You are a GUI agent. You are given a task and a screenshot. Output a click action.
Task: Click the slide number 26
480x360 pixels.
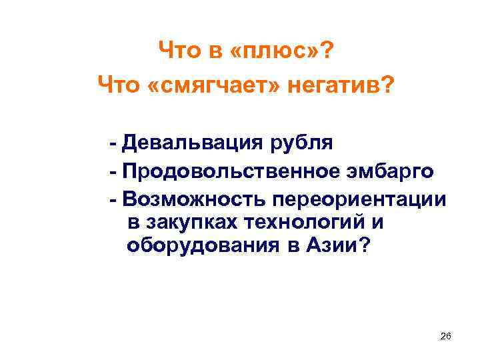tap(446, 337)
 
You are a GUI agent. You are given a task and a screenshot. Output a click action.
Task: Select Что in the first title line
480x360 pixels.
tap(175, 50)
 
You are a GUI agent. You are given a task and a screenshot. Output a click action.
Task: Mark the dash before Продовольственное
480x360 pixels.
tap(115, 173)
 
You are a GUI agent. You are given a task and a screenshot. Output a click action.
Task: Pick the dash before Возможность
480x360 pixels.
tap(115, 201)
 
